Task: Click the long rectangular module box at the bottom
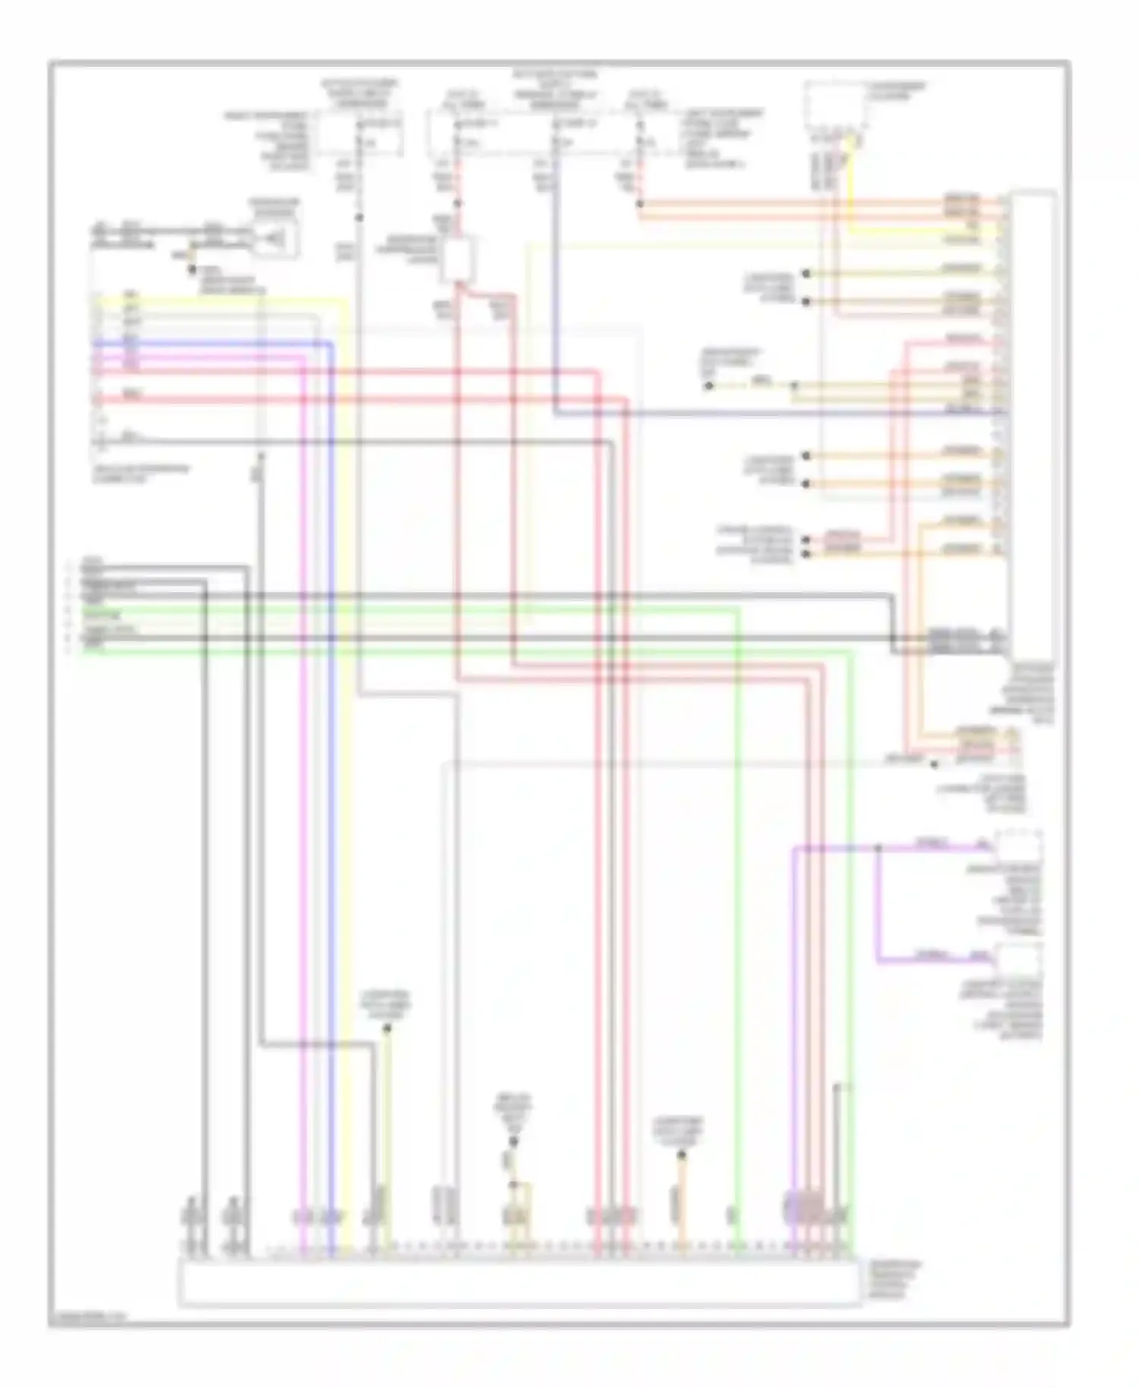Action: [519, 1282]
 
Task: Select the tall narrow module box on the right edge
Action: [1031, 425]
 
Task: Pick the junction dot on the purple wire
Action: [879, 847]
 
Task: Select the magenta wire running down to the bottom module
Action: [303, 759]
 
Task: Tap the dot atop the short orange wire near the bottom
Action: [681, 1155]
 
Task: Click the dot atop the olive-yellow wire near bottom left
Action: [387, 1029]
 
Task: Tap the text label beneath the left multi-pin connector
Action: [140, 474]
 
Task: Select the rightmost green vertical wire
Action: [851, 911]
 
